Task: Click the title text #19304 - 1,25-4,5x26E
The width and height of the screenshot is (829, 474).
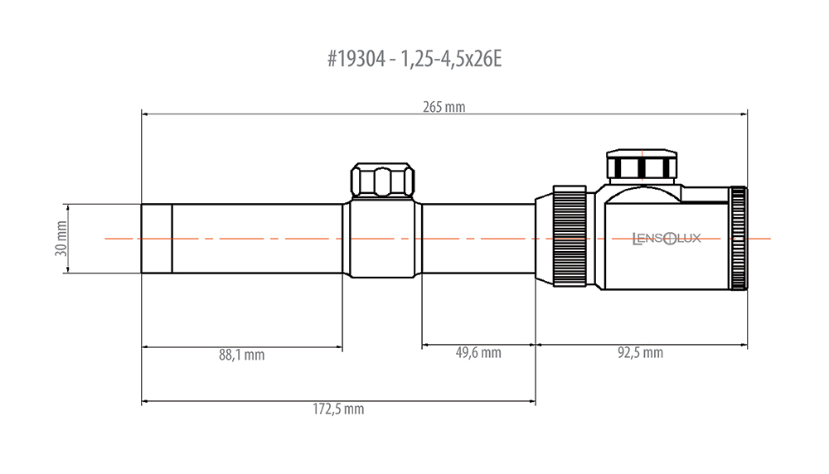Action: coord(414,59)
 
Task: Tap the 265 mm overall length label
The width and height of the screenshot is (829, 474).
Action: coord(444,107)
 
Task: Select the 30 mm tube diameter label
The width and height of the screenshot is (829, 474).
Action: coord(61,239)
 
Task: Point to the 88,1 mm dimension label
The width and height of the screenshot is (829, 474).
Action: coord(241,355)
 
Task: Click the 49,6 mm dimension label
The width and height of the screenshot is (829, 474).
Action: coord(478,352)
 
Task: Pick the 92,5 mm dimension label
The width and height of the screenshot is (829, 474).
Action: coord(640,352)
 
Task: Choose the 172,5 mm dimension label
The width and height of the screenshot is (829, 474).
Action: coord(338,409)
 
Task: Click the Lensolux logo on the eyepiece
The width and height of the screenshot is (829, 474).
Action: coord(667,239)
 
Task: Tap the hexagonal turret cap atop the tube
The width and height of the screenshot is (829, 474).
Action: coord(383,181)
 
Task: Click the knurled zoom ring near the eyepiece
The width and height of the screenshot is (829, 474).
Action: coord(570,236)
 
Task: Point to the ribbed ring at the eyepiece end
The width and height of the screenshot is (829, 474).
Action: coord(739,239)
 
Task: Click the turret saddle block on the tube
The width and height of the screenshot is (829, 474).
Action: coord(382,239)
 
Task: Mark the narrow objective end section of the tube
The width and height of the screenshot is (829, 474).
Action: coord(157,239)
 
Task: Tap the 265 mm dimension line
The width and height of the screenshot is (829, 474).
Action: coord(444,114)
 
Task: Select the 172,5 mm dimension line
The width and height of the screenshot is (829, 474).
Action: coord(338,401)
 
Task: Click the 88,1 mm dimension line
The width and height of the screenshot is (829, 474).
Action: coord(242,347)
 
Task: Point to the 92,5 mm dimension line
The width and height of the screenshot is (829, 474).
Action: coord(642,345)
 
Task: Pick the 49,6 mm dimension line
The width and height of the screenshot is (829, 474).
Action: coord(479,345)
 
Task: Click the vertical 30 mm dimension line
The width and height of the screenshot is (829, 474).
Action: coord(67,239)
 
